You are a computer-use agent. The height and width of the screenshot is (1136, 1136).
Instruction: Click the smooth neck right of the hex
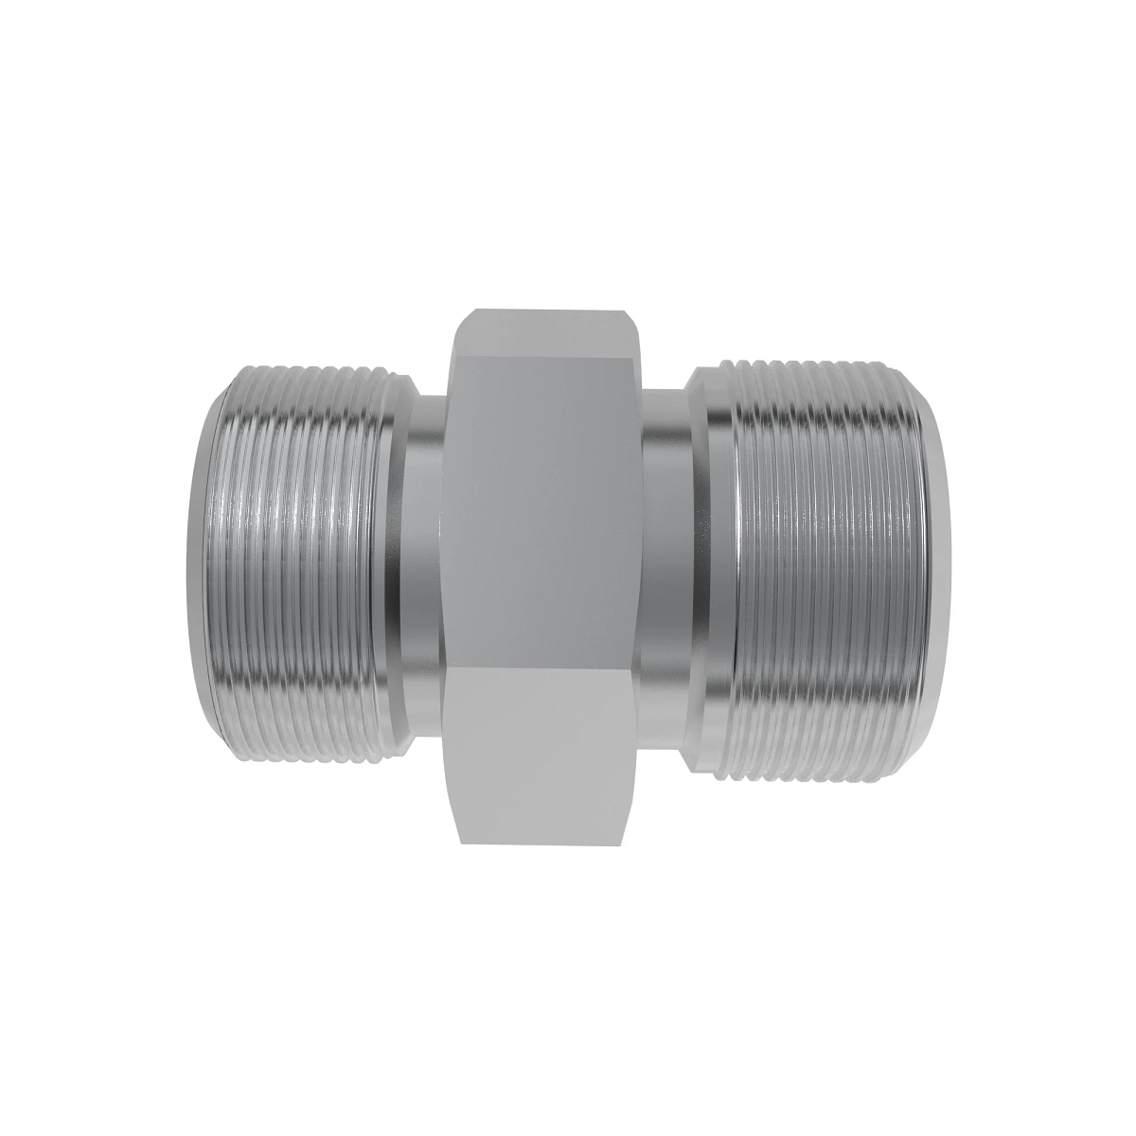tap(667, 568)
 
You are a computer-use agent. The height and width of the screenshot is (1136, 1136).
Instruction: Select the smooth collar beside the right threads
tap(715, 568)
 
